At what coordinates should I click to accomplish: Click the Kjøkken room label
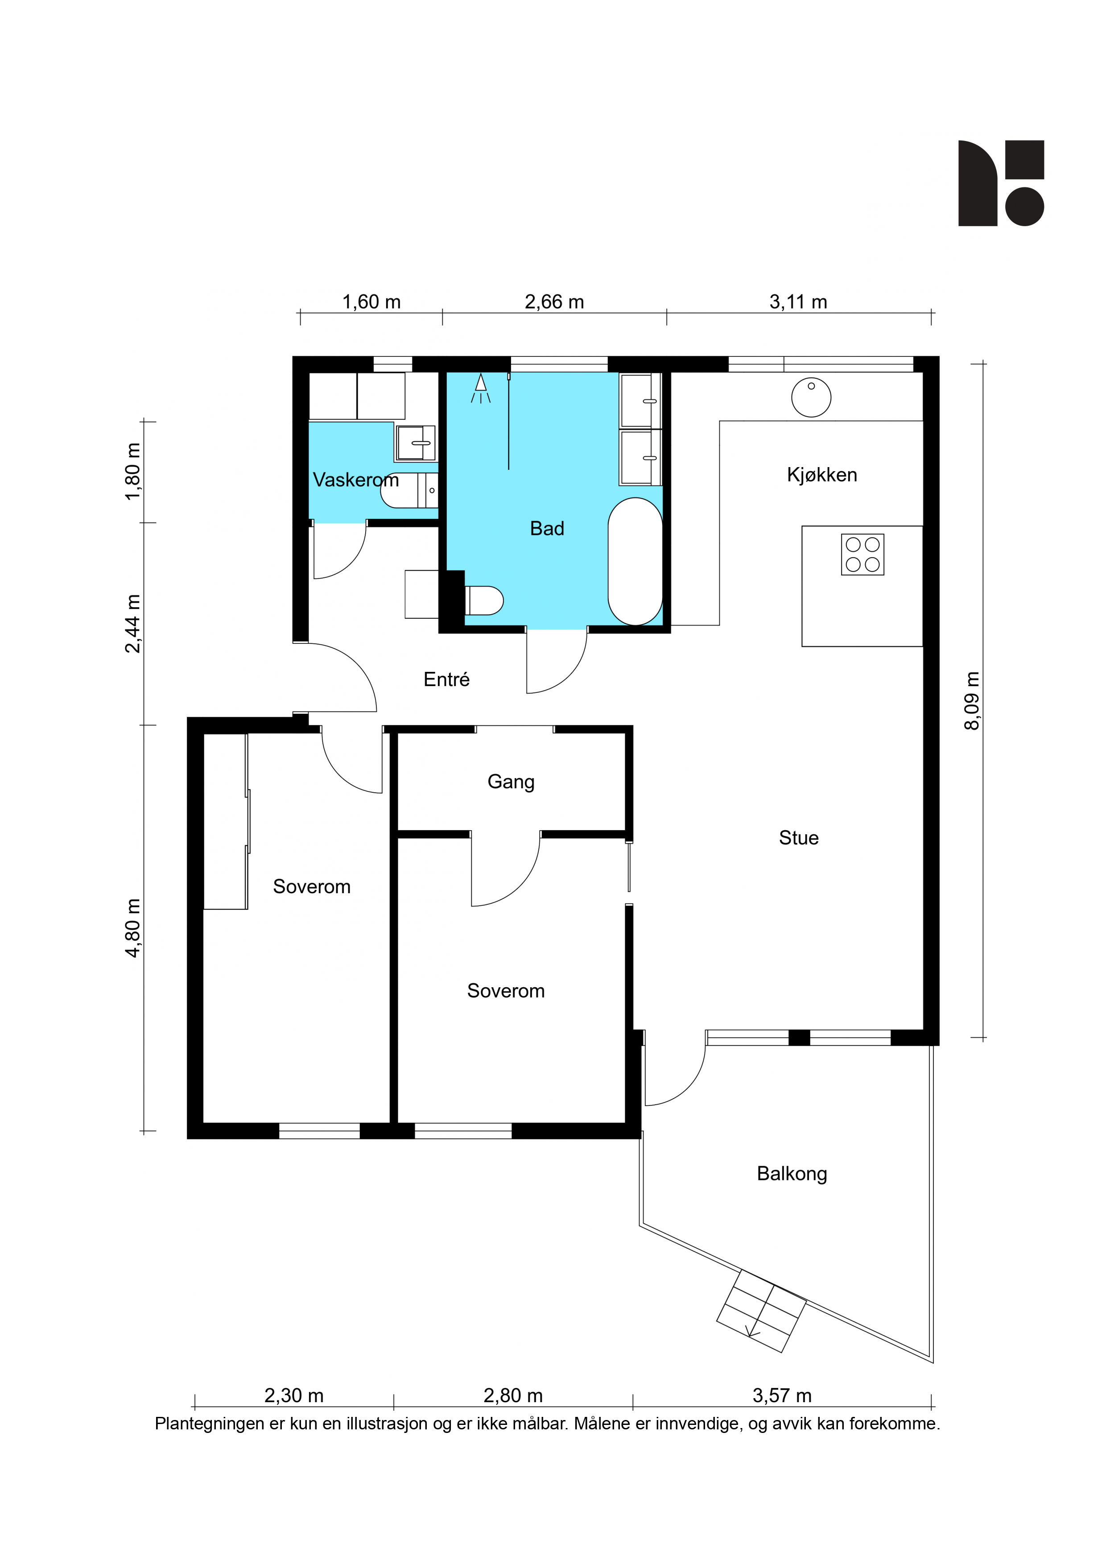822,475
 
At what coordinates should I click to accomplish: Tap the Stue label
799,838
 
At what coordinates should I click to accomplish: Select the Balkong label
792,1174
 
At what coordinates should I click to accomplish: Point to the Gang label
511,782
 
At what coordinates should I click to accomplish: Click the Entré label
446,679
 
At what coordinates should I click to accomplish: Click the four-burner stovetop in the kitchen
862,554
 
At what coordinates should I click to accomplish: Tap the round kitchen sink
811,397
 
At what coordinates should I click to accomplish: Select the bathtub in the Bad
635,561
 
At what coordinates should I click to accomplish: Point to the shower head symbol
480,387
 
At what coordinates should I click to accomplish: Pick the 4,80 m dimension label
133,927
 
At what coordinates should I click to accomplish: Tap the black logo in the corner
1001,183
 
